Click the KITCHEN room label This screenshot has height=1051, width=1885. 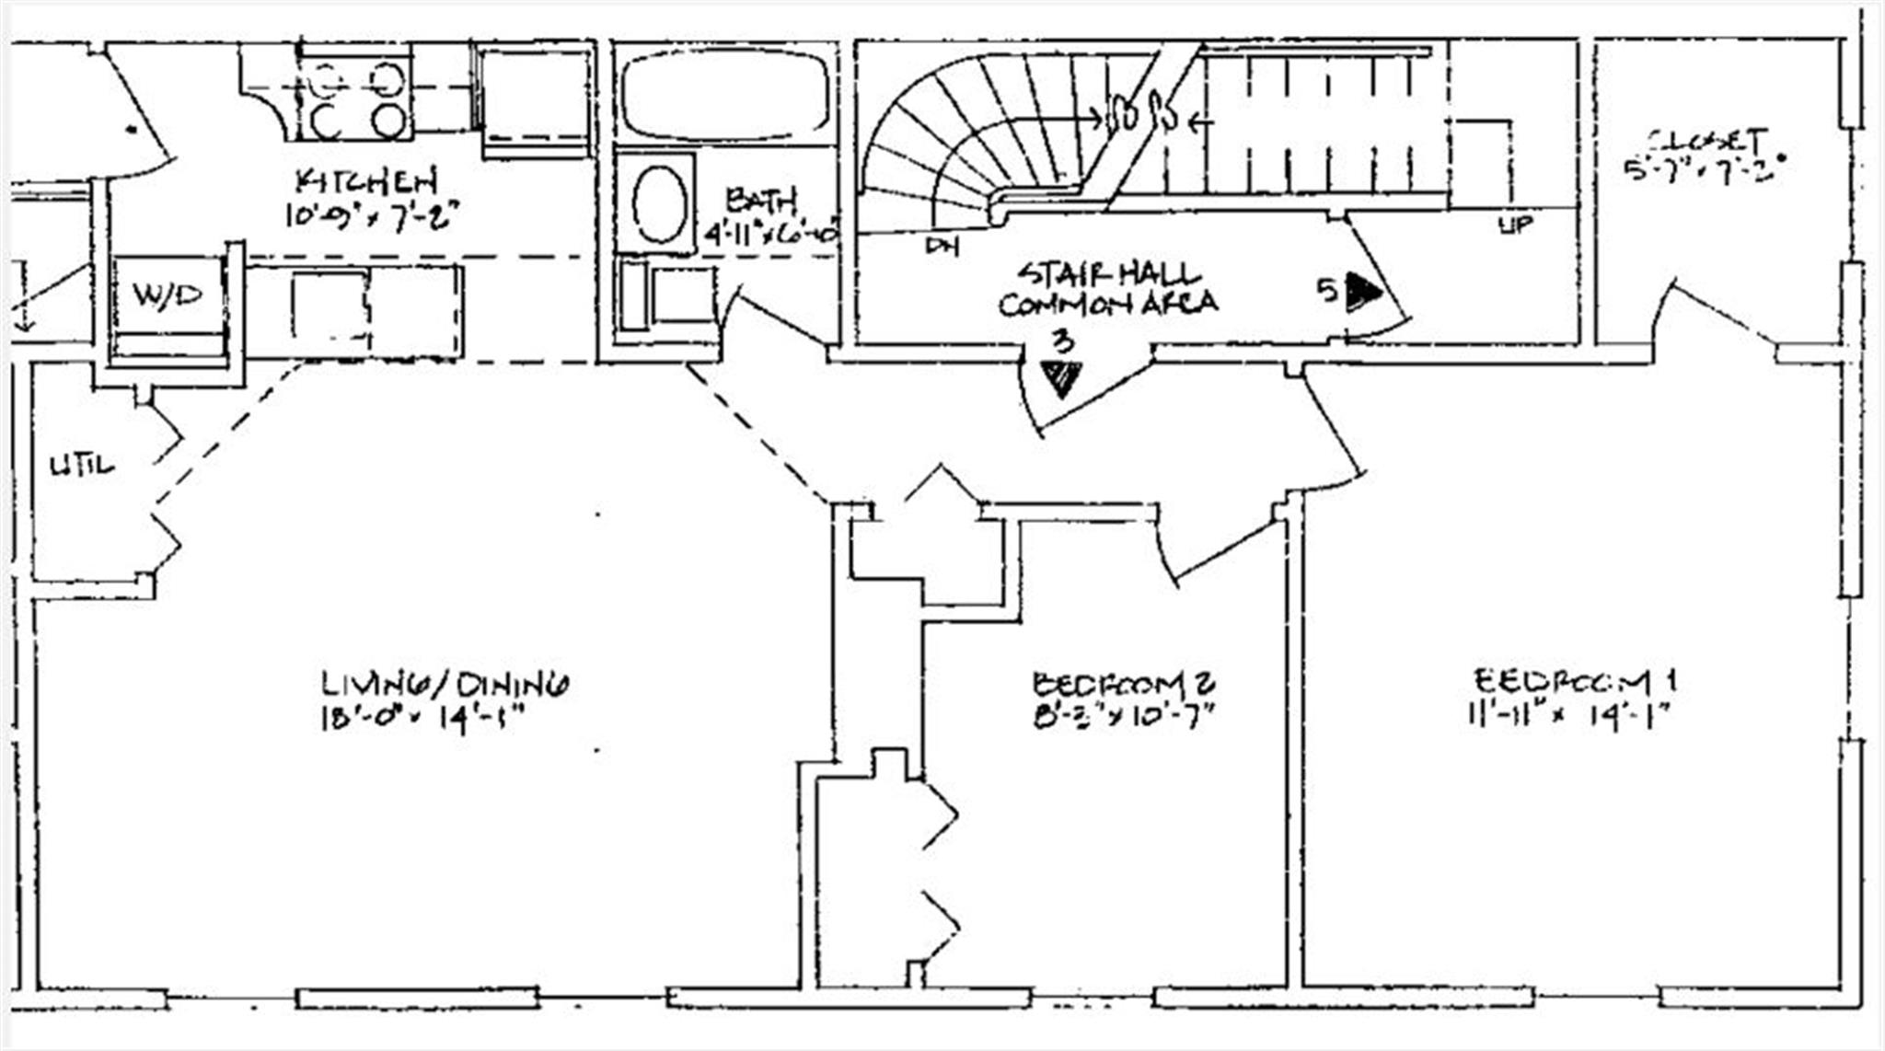[366, 179]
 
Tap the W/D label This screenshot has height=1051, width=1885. [167, 295]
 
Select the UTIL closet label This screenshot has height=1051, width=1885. [82, 466]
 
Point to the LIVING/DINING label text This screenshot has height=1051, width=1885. [445, 684]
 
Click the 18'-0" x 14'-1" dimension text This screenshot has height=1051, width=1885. [422, 718]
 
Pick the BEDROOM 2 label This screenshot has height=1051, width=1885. [1124, 683]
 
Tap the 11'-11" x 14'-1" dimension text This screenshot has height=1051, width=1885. [1568, 714]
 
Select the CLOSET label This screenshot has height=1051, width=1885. [1708, 141]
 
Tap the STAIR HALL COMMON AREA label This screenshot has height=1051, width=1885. [1108, 289]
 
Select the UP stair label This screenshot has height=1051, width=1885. [1516, 224]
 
